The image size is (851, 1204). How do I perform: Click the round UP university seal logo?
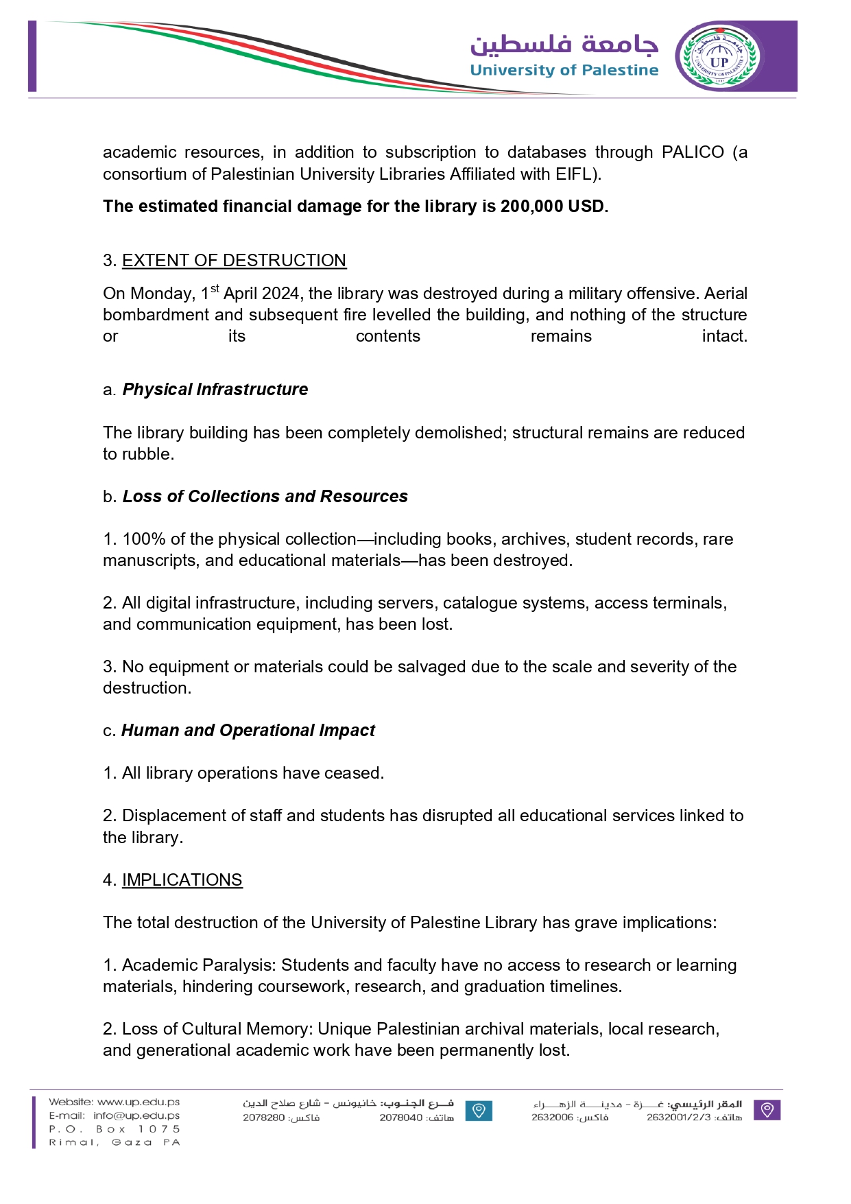click(x=718, y=57)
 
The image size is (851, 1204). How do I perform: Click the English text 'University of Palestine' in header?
click(x=564, y=70)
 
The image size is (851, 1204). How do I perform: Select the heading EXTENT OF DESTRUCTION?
click(x=234, y=261)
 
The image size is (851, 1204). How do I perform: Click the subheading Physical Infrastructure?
click(x=215, y=390)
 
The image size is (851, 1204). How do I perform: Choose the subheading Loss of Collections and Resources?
click(x=265, y=497)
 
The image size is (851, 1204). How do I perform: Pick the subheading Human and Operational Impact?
click(x=248, y=731)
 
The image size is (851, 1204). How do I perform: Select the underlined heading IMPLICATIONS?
click(x=182, y=880)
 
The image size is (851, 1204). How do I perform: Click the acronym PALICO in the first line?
click(x=692, y=152)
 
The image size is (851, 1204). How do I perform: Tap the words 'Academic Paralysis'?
click(x=199, y=965)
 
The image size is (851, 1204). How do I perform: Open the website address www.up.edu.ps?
click(x=138, y=1102)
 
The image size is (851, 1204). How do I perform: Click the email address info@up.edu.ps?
click(x=136, y=1116)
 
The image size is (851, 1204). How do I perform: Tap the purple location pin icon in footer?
click(x=767, y=1110)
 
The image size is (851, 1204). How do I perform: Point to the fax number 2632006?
click(x=552, y=1118)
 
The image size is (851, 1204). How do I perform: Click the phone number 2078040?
click(x=400, y=1118)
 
